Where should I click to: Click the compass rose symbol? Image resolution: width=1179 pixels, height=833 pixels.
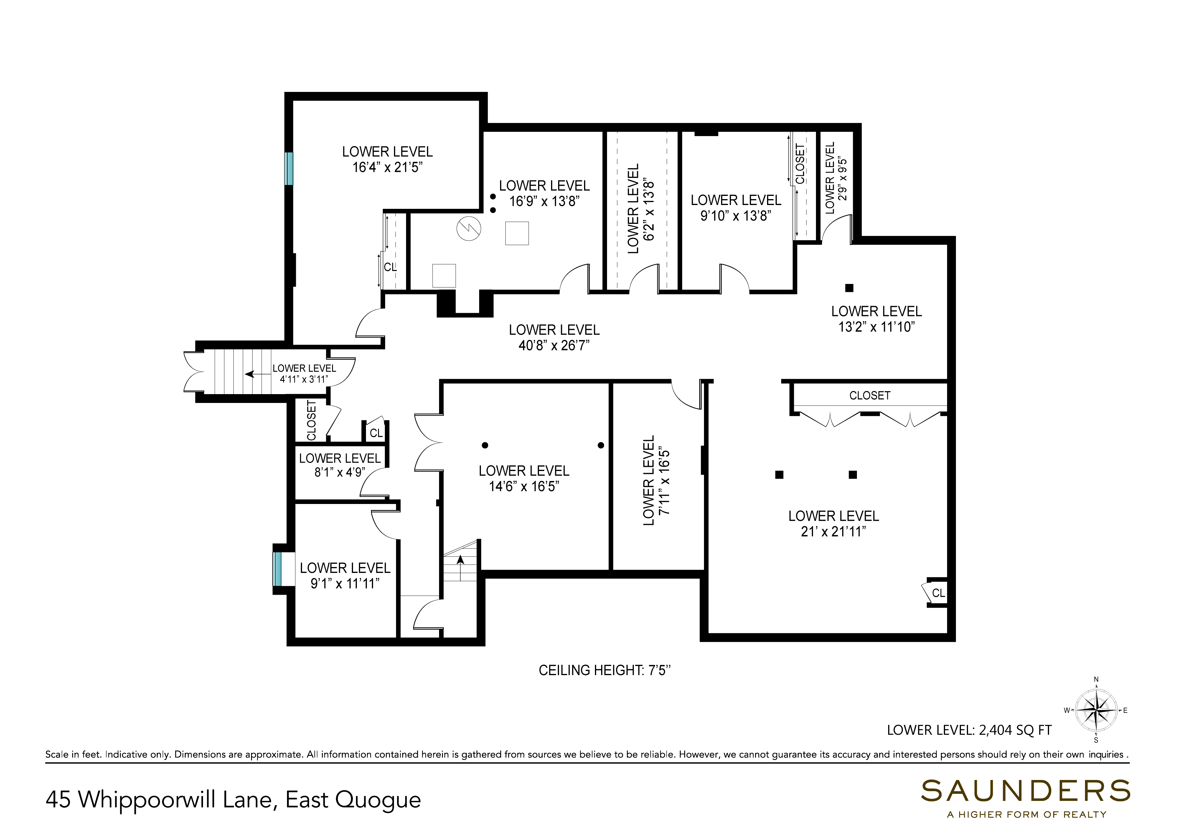(1096, 710)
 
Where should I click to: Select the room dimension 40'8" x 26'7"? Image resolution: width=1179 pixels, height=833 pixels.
(554, 346)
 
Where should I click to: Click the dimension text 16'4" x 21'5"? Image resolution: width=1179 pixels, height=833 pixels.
(387, 167)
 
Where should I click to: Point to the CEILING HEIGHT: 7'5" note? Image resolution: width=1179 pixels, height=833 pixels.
(605, 670)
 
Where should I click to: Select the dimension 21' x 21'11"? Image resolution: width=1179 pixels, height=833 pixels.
(833, 532)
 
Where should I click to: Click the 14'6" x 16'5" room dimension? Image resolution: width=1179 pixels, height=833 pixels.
(524, 486)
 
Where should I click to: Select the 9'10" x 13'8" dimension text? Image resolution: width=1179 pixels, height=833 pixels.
(736, 216)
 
